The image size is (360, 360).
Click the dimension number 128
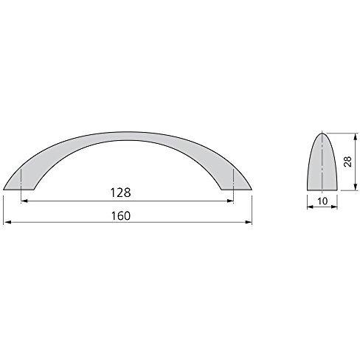coord(120,193)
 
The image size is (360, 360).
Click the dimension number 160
coord(121,216)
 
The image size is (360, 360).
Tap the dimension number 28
coord(348,162)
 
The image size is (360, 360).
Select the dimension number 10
coord(322,201)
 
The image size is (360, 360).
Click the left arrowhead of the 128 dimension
coord(24,201)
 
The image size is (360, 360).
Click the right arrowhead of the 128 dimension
coord(230,201)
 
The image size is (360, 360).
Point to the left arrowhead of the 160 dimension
coord(7,222)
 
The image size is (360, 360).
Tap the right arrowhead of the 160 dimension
coord(249,222)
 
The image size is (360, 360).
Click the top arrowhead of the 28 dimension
coord(355,136)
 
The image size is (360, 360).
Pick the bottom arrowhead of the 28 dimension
coord(355,187)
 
